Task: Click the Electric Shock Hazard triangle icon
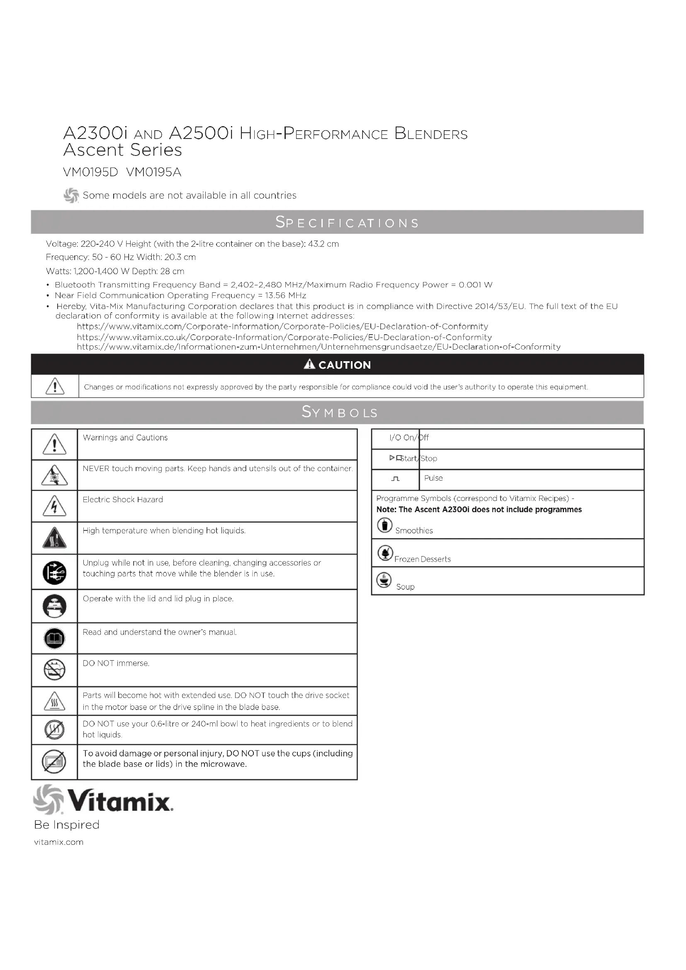click(54, 506)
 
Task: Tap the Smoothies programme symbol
click(384, 525)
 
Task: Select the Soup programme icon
click(384, 580)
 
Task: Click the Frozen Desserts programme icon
click(385, 552)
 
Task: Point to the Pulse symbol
click(395, 479)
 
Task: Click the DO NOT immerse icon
click(54, 670)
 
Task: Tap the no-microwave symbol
click(54, 761)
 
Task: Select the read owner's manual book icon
click(54, 638)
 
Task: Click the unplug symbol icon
click(54, 573)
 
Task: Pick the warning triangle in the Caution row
click(55, 386)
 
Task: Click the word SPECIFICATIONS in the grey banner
click(347, 222)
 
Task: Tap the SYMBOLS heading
click(340, 412)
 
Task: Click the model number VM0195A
click(154, 172)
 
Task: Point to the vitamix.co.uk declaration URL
click(284, 337)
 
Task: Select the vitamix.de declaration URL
click(319, 347)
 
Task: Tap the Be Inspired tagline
click(67, 824)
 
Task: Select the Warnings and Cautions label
click(125, 438)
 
